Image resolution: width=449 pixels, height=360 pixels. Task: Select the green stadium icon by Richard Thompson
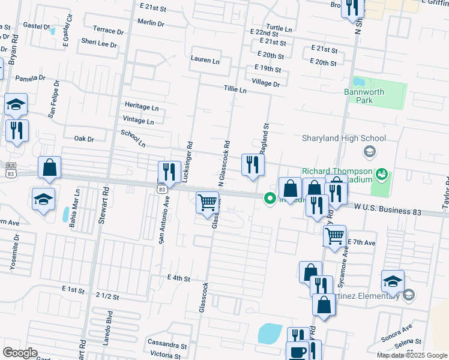(381, 175)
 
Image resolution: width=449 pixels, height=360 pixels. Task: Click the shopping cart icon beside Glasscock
(207, 202)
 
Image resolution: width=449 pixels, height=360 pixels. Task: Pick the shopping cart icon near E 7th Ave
(334, 235)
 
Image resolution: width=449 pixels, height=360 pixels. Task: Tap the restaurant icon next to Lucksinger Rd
(170, 172)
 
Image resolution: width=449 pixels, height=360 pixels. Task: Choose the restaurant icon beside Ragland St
(253, 164)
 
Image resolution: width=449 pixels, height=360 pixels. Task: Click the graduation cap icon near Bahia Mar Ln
(44, 199)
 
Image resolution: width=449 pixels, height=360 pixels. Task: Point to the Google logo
(20, 353)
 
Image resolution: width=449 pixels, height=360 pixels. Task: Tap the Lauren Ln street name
(205, 61)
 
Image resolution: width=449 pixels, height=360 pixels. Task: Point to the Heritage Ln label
(141, 107)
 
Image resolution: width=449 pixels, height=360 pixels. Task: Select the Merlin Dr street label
(151, 23)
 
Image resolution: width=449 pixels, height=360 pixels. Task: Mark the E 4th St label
(178, 279)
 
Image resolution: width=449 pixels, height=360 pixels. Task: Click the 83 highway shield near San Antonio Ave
(161, 189)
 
